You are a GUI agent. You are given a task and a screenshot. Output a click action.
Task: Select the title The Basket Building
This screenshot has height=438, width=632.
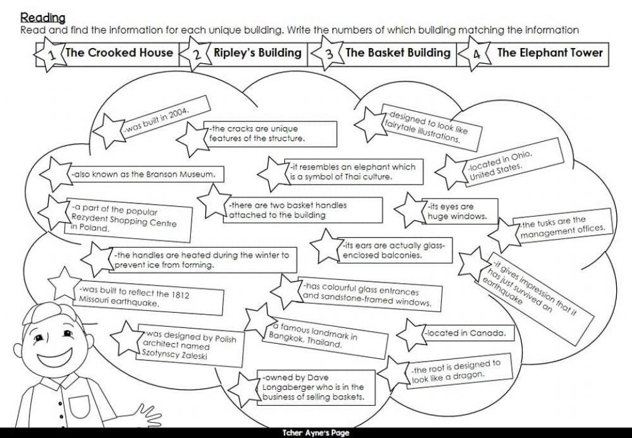click(x=398, y=52)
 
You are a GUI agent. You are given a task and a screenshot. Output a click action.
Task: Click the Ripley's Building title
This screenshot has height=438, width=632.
click(x=257, y=52)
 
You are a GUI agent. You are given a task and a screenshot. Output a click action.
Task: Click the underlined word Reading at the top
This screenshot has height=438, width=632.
click(x=42, y=17)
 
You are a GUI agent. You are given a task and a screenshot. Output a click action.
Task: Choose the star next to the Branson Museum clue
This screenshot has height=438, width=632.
click(x=56, y=173)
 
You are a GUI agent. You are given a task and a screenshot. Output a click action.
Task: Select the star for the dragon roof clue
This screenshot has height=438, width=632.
click(x=398, y=374)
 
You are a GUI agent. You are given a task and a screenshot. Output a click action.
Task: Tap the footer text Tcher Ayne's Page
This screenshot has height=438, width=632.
click(x=315, y=433)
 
